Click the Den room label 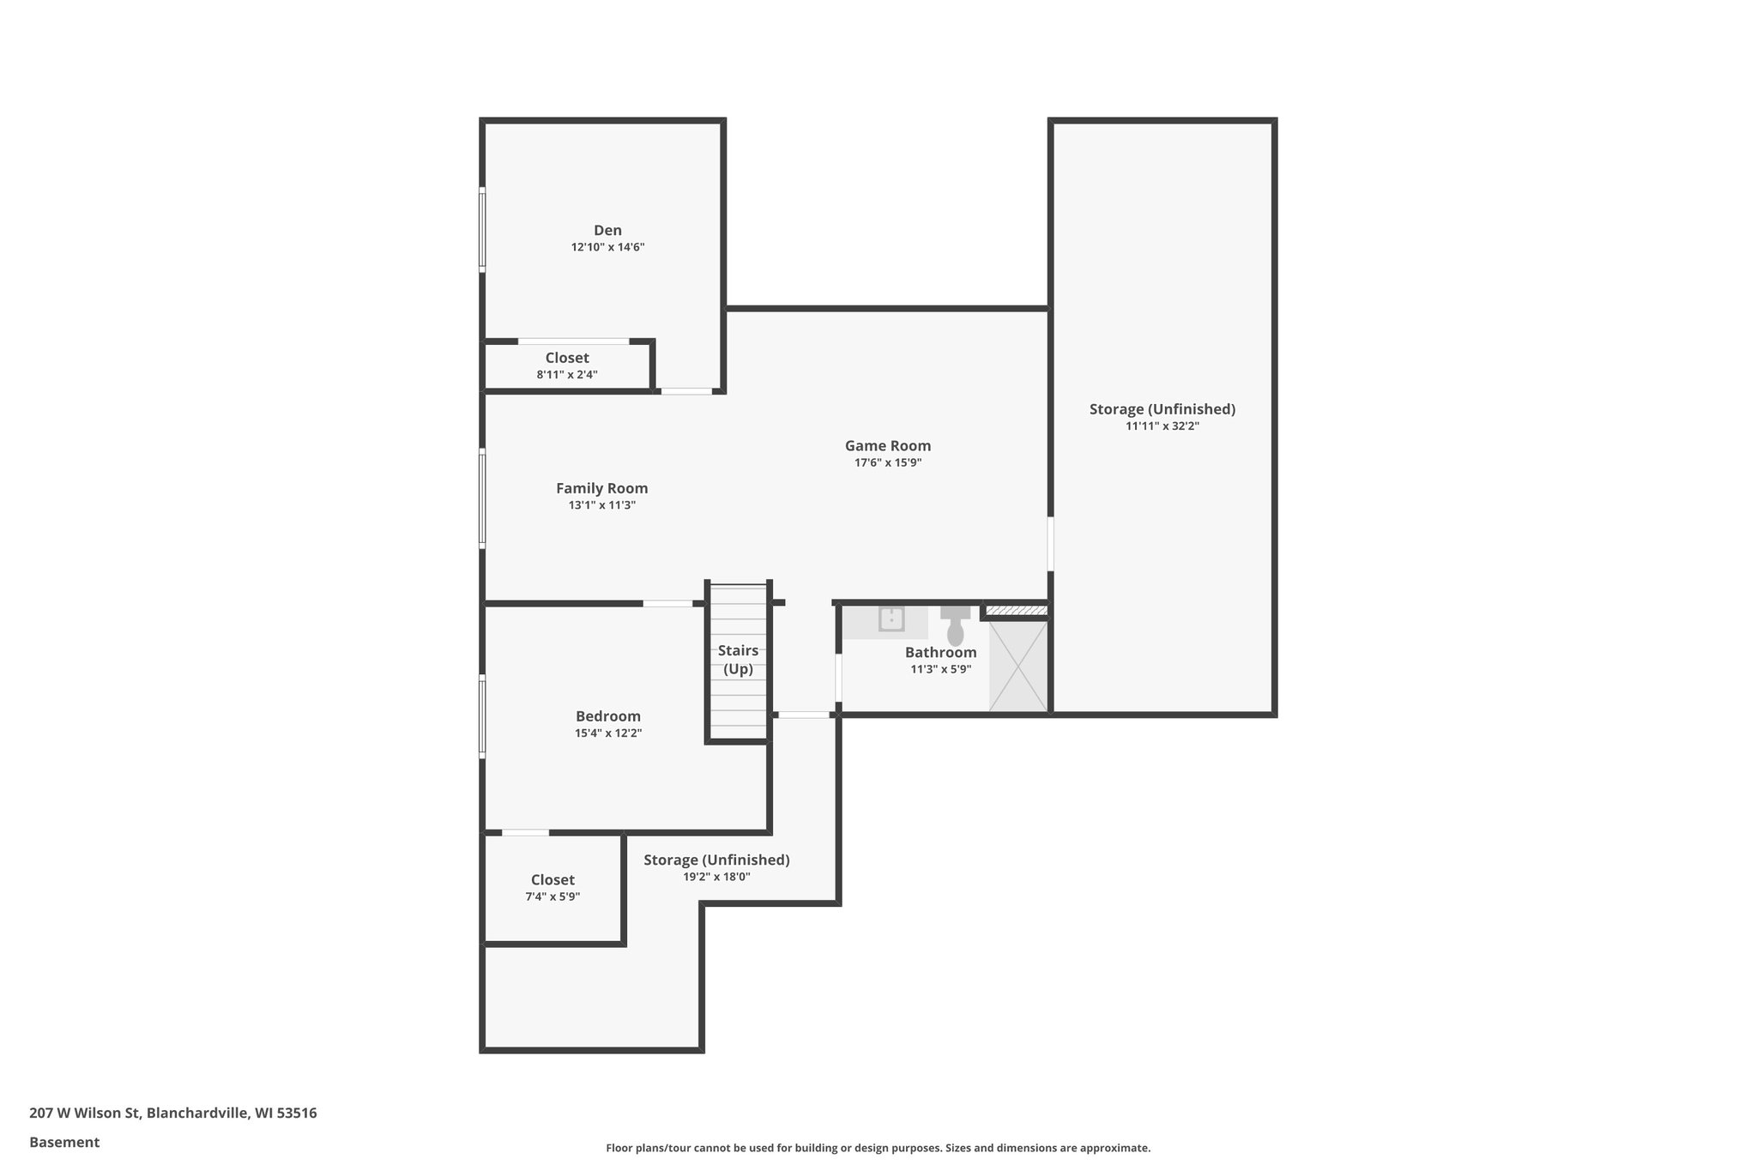point(607,230)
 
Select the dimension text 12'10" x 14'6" point(607,247)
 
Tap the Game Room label point(887,445)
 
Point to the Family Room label point(601,488)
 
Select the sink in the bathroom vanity point(891,619)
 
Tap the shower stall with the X point(1017,665)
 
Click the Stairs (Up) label point(738,660)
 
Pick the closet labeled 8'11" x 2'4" point(567,365)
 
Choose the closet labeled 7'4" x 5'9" point(552,887)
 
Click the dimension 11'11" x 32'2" point(1162,426)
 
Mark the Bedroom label point(607,716)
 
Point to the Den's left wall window point(482,230)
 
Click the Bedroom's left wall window point(482,716)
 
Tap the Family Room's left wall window point(482,498)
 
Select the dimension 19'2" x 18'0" point(716,877)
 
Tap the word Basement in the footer point(64,1142)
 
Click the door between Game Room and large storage point(1050,543)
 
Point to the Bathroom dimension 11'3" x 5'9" point(940,669)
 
